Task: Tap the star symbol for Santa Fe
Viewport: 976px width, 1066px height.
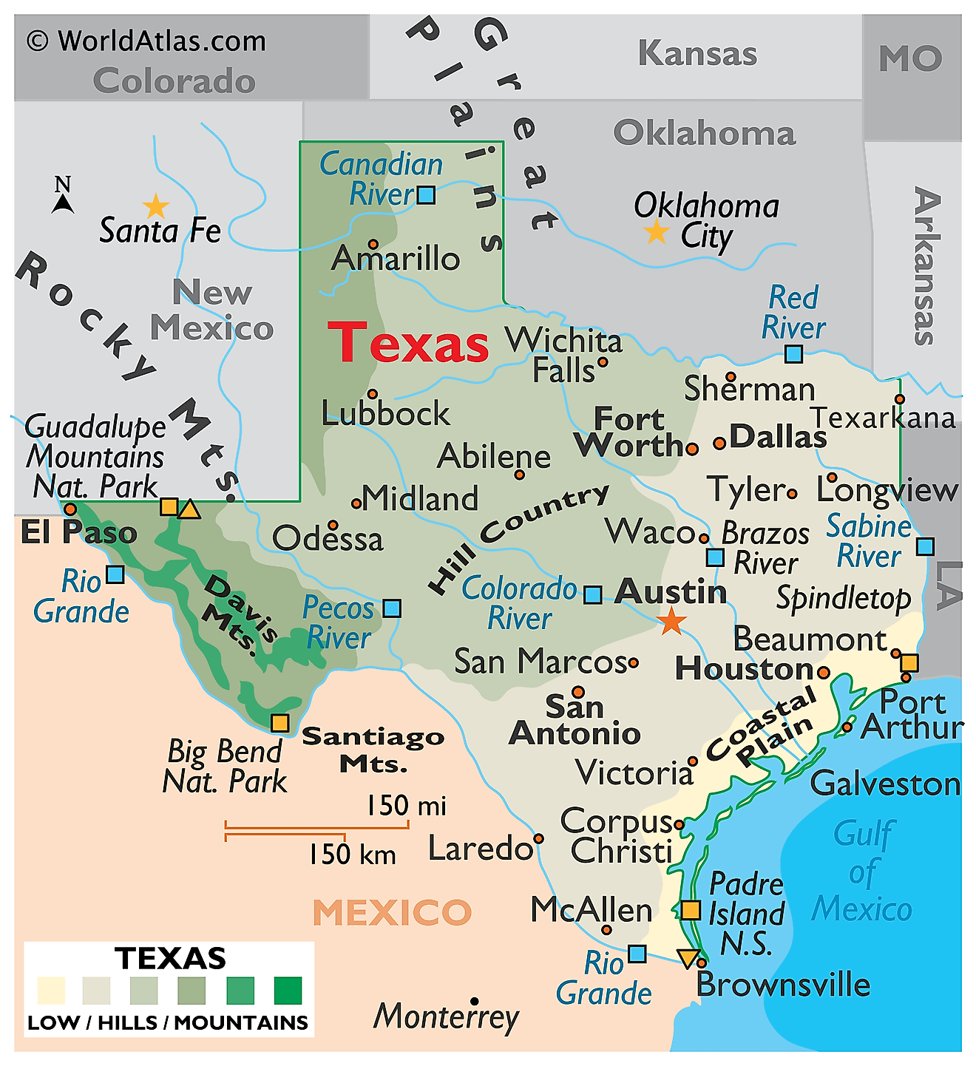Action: (156, 206)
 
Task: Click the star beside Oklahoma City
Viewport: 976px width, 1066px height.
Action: (656, 232)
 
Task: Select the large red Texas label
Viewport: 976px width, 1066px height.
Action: (408, 343)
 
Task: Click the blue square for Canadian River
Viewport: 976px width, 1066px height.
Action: (426, 195)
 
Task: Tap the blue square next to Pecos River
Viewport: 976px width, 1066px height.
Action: (392, 608)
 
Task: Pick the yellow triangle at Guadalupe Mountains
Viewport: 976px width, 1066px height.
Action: (189, 509)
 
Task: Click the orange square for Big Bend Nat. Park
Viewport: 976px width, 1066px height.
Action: (279, 722)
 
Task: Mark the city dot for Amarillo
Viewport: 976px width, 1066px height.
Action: (373, 244)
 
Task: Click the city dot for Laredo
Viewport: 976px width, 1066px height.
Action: (538, 838)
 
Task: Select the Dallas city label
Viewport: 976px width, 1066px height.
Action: (778, 437)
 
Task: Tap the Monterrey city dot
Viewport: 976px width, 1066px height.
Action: (475, 1002)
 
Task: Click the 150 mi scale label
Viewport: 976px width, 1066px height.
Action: (406, 805)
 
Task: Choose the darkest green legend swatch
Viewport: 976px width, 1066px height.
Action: (288, 991)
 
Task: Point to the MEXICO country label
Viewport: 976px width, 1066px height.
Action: (392, 912)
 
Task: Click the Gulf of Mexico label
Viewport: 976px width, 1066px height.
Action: (862, 872)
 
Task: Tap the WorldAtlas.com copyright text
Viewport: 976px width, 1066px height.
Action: (146, 41)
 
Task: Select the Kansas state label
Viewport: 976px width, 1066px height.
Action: (697, 54)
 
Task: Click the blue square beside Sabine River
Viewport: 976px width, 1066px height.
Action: (925, 546)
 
